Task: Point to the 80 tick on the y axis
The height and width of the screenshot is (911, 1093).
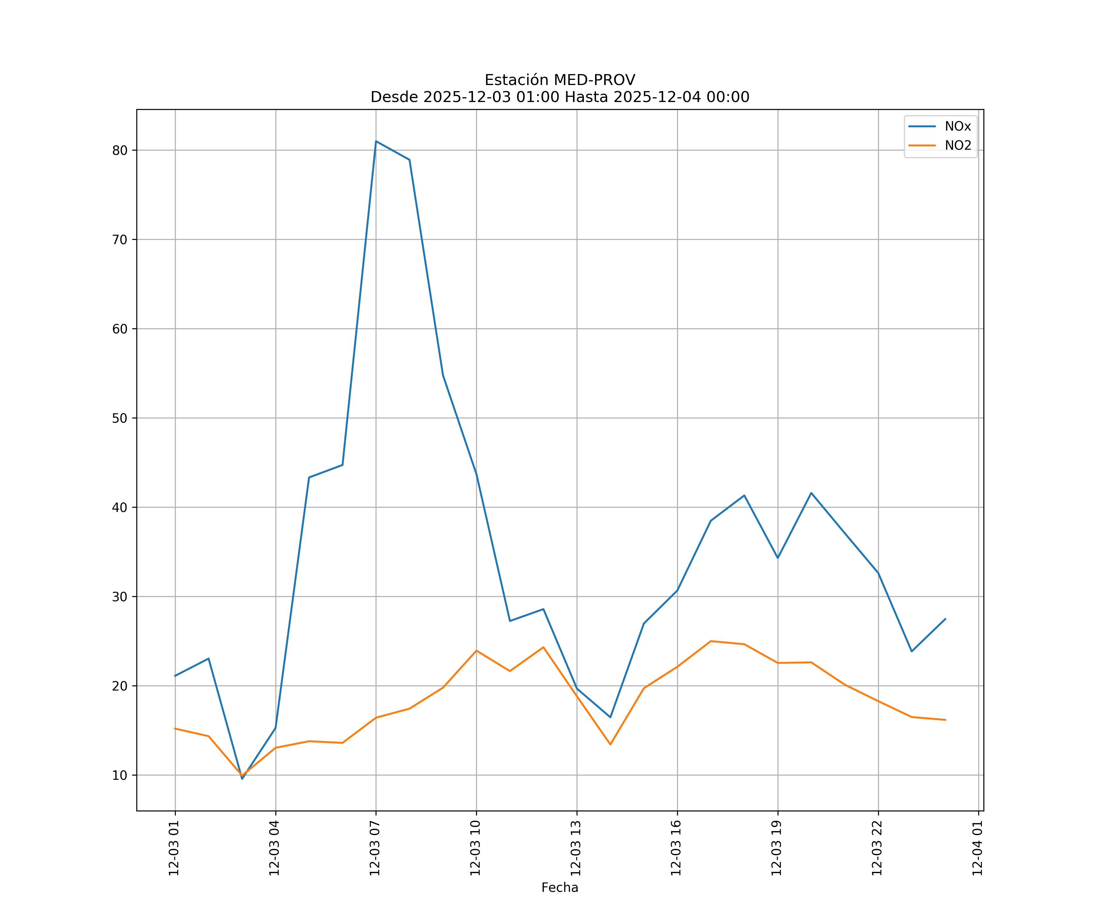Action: (120, 150)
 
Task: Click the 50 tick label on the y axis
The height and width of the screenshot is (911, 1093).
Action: (120, 418)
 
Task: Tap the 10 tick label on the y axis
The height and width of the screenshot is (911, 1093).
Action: (120, 775)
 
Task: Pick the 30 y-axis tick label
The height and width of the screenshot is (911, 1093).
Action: (120, 597)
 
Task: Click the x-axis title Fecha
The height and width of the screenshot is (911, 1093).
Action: (560, 888)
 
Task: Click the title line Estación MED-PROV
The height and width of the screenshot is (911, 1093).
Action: (560, 80)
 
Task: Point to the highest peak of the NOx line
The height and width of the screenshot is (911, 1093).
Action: (376, 141)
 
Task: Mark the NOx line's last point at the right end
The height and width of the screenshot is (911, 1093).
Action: (945, 619)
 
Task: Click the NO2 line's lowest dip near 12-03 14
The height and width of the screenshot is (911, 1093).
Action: (610, 744)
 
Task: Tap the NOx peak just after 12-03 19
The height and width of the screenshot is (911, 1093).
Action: (811, 493)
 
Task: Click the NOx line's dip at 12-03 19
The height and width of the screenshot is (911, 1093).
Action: (778, 558)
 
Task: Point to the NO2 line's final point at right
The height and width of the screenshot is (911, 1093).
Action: (945, 720)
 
